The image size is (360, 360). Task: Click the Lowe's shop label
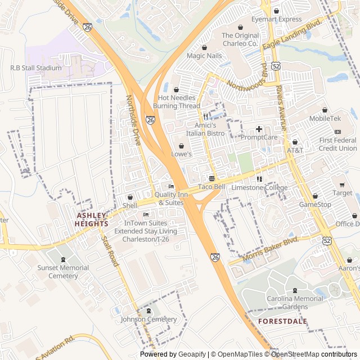coord(182,154)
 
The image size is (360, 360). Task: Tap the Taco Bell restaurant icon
coord(211,178)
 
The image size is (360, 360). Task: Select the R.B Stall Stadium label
coord(36,68)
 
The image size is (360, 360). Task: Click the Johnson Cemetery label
coord(148,319)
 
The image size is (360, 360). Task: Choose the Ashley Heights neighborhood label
coord(91,219)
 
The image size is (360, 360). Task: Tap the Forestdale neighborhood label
coord(282,321)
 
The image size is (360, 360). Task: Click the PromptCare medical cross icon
coord(259,129)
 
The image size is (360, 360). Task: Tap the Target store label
coord(342,193)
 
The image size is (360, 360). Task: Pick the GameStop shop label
coord(315,204)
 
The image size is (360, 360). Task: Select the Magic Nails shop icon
coord(204,47)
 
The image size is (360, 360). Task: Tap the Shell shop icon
coord(130,197)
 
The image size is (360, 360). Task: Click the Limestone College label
coord(259,188)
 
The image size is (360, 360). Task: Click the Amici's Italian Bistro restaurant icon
coord(206,116)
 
